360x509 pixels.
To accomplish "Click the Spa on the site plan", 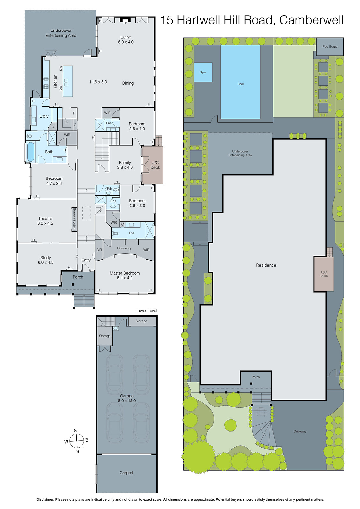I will pyautogui.click(x=203, y=72).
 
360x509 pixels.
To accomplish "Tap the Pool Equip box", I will pyautogui.click(x=330, y=47).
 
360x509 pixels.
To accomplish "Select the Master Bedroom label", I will pyautogui.click(x=125, y=273).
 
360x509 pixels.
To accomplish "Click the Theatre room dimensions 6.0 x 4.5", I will pyautogui.click(x=45, y=223).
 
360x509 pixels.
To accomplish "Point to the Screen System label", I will pyautogui.click(x=74, y=219).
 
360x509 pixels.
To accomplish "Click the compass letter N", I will pyautogui.click(x=75, y=430).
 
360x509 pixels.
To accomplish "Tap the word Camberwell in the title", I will pyautogui.click(x=311, y=20).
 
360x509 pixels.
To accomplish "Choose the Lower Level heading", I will pyautogui.click(x=146, y=311).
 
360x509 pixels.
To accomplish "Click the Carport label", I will pyautogui.click(x=126, y=473).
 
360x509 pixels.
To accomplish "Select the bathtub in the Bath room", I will pyautogui.click(x=31, y=152).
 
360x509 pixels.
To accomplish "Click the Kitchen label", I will pyautogui.click(x=55, y=82).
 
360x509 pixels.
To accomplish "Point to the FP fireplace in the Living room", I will pyautogui.click(x=125, y=22).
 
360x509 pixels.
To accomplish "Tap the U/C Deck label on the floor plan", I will pyautogui.click(x=155, y=165).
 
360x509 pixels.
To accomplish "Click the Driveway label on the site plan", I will pyautogui.click(x=300, y=431).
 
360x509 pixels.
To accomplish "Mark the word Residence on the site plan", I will pyautogui.click(x=266, y=265).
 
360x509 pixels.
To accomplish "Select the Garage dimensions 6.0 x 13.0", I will pyautogui.click(x=127, y=401).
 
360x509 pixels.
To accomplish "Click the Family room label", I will pyautogui.click(x=125, y=163).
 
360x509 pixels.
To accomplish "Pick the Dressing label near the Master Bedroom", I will pyautogui.click(x=124, y=248).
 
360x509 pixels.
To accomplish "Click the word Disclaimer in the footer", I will pyautogui.click(x=45, y=499).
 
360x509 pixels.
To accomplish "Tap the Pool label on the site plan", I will pyautogui.click(x=240, y=84).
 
